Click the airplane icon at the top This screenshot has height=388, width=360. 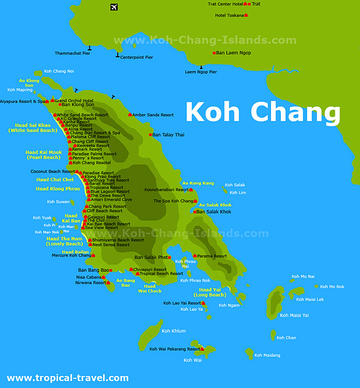pos(114,7)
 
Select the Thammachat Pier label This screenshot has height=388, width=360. pos(73,53)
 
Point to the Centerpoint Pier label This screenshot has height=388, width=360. pos(136,57)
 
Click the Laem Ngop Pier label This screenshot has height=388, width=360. pos(201,72)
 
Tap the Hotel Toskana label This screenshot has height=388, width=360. pos(229,15)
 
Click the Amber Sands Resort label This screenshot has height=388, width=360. pos(153,115)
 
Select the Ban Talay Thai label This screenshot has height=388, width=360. pos(168,135)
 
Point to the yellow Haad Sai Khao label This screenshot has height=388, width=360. pos(33,125)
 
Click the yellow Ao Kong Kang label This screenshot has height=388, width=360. pos(198,183)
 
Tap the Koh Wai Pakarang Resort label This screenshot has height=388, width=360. pos(175,349)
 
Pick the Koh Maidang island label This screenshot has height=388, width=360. pos(267,355)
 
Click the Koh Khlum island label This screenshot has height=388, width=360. pos(173,331)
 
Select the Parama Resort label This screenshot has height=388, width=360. pos(212,256)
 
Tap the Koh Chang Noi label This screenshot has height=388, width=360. pos(59,71)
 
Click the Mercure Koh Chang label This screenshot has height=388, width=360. pos(71,255)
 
